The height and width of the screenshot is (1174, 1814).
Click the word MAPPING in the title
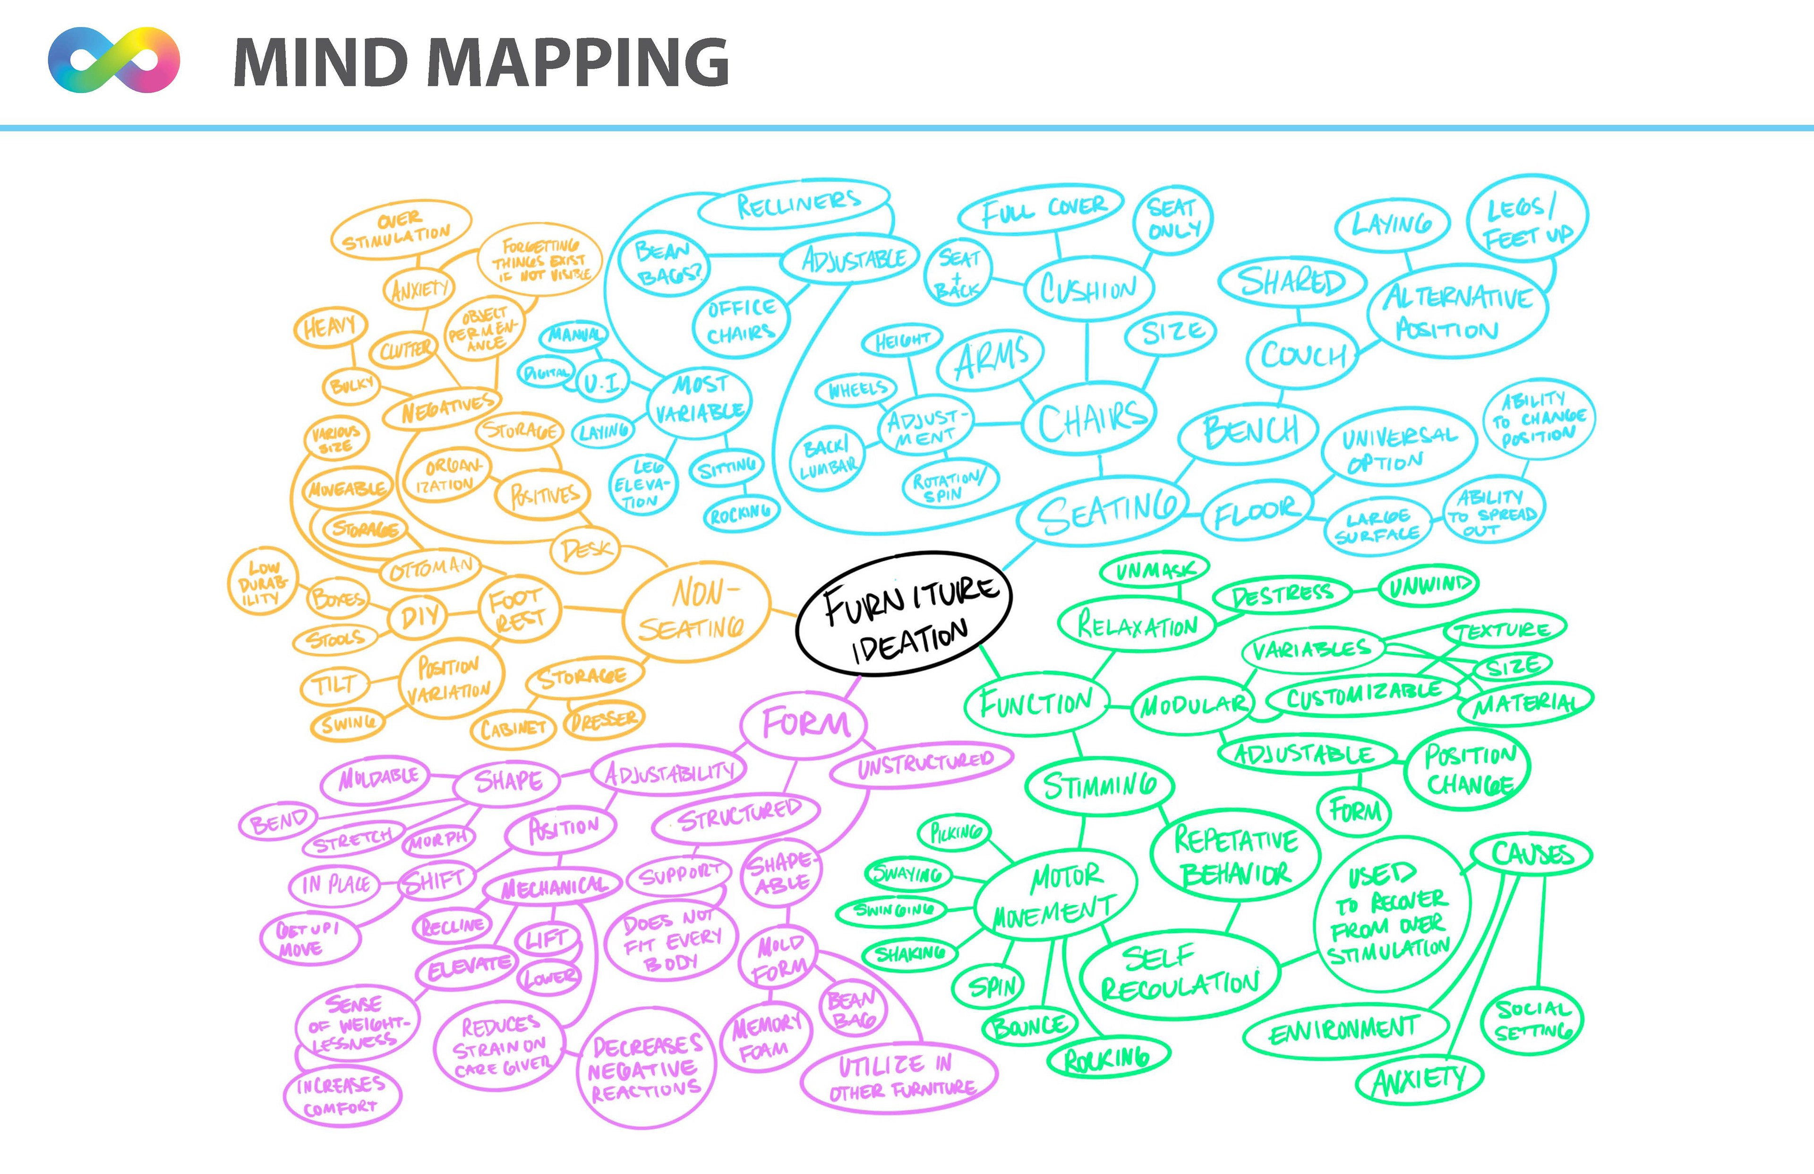tap(582, 62)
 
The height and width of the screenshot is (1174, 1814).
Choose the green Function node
tap(1036, 703)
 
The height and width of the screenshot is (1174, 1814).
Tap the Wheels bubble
tap(857, 390)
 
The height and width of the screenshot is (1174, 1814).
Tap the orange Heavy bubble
tap(330, 328)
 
